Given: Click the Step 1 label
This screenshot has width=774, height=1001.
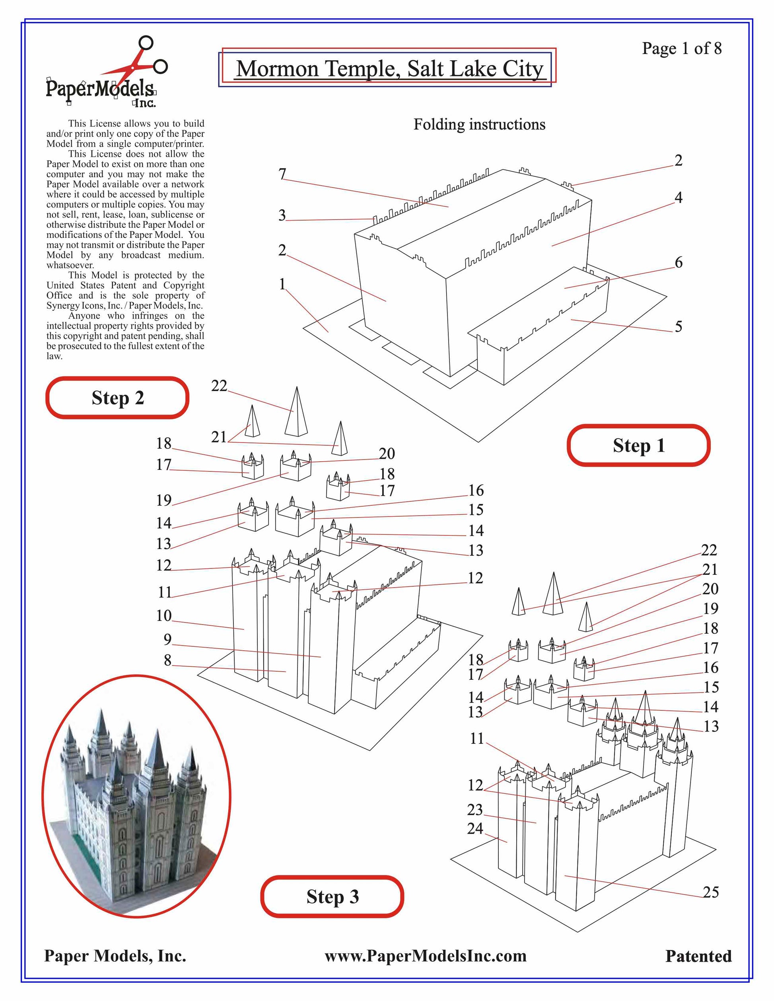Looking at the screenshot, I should [638, 446].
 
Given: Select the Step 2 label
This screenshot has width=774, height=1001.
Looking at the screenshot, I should [117, 398].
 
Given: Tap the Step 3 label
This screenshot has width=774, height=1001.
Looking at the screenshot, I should [333, 896].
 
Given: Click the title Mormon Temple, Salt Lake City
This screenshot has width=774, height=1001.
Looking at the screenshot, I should [389, 69].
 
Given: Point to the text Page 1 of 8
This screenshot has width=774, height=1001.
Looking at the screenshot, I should [681, 48].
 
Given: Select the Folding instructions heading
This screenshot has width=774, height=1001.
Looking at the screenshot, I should [479, 124].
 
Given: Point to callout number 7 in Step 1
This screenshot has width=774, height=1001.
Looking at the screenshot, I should [282, 174].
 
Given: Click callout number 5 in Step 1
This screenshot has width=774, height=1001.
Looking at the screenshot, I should [678, 326].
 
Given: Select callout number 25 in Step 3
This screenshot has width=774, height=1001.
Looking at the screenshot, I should [710, 892].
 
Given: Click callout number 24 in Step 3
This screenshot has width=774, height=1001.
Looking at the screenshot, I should [475, 828].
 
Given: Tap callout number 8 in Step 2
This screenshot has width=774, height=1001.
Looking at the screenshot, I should [167, 660].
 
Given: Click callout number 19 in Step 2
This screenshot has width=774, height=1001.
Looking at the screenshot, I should [164, 500].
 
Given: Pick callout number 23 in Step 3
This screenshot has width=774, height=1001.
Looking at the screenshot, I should [475, 809].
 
